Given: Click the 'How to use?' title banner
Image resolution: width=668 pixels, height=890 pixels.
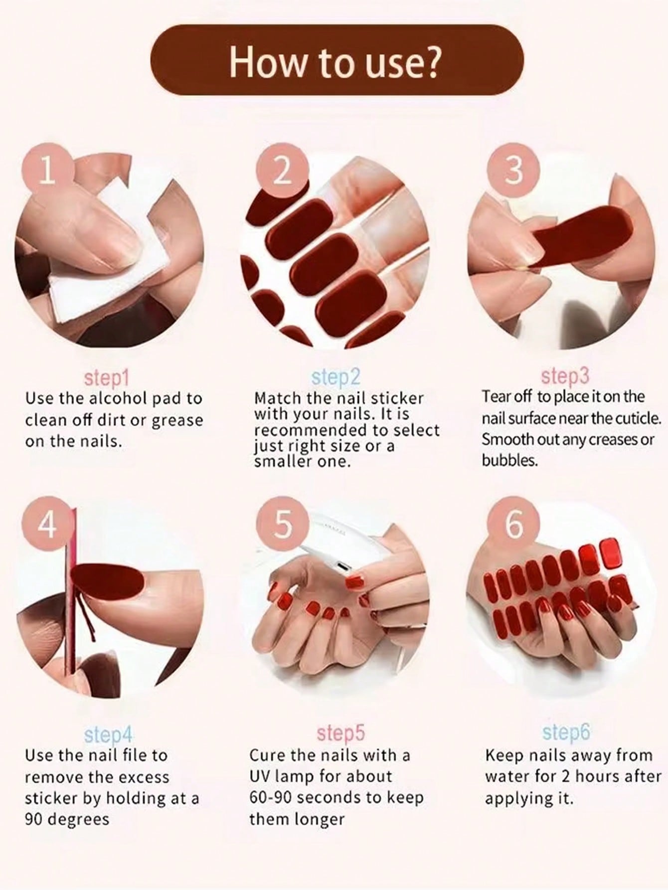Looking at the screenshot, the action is pos(337,60).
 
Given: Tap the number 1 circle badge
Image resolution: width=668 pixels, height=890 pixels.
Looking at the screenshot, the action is pos(47,170).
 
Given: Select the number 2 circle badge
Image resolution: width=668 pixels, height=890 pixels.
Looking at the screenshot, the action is pos(282,170).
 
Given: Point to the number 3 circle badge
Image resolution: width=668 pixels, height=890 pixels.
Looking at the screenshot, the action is pos(514,170).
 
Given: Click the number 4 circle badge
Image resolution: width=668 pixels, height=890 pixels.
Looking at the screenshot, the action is pos(47,525).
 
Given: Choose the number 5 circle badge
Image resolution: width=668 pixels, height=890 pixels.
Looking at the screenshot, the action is pos(282,525).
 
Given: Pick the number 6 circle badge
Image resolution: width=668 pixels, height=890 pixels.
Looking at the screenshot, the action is pos(514,525).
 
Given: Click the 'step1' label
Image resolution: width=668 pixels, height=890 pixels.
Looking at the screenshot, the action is pos(107,378).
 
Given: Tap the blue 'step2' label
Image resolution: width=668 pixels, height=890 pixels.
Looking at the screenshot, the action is pos(335,377).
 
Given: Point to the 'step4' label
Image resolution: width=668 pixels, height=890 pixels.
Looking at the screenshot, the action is pos(109,734).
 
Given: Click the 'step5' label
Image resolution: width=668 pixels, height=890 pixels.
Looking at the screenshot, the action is pos(341,733).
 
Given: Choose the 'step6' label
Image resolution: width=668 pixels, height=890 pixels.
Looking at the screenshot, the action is pos(566,732).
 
